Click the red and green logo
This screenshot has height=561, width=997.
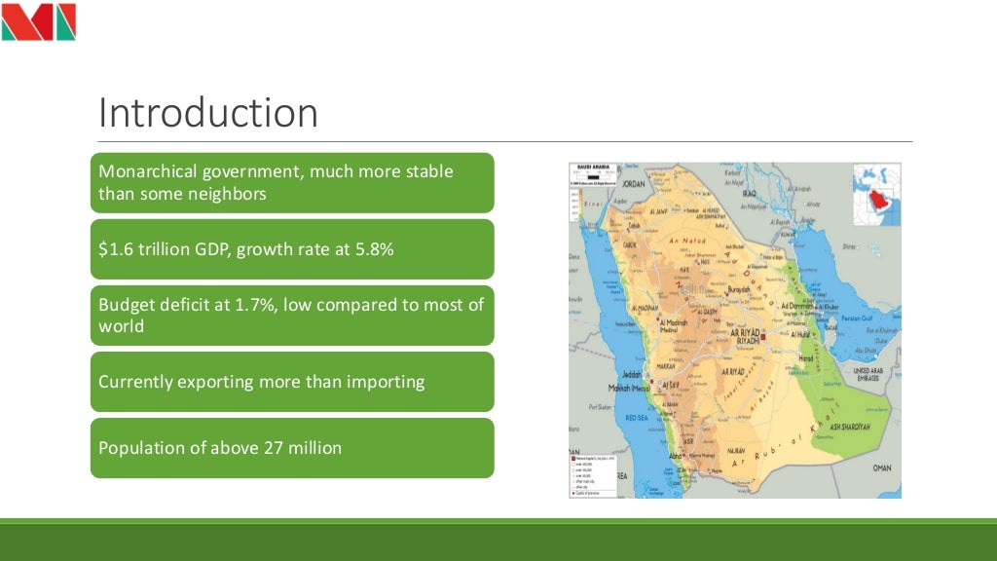coord(39,21)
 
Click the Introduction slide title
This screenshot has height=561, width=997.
coord(207,113)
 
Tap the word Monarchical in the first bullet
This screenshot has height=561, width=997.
coord(148,171)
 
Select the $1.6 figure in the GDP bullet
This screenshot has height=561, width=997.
coord(116,249)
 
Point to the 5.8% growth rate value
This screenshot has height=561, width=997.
coord(374,249)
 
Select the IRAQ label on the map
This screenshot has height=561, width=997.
coord(749,193)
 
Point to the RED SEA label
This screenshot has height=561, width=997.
coord(637,417)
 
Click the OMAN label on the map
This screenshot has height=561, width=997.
coord(881,467)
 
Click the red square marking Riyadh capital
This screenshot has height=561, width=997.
coord(764,337)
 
